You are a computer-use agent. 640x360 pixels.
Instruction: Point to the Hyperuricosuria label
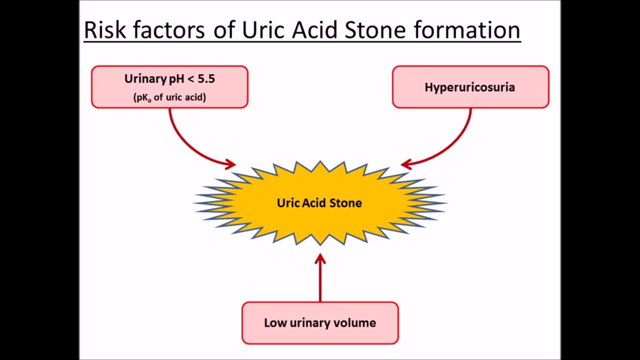pos(469,87)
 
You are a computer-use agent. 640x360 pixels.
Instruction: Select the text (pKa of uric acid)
pos(169,97)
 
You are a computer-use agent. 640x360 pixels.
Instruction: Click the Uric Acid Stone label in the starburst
pos(319,203)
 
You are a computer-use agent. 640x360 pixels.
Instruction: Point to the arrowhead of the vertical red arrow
pos(320,258)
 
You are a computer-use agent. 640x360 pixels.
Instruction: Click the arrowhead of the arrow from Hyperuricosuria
pos(406,164)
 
